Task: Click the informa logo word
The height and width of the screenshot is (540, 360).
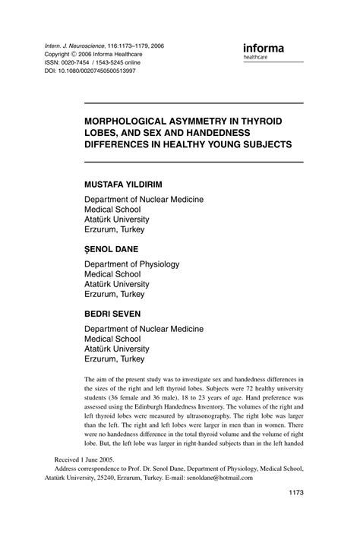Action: (x=263, y=49)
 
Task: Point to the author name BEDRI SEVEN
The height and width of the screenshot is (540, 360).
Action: (x=118, y=313)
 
